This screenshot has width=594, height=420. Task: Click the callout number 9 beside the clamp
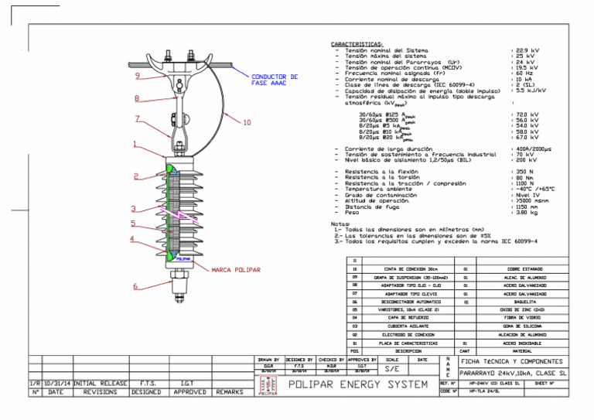136,76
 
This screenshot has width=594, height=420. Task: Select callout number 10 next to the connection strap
247,122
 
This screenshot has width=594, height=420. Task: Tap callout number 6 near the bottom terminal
135,286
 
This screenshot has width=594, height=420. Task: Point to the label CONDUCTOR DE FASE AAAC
274,80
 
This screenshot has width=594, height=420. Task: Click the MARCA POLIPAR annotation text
236,271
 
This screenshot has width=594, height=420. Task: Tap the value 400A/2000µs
533,149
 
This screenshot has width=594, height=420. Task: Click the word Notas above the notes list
340,224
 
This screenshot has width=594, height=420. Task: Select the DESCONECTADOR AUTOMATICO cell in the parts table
409,302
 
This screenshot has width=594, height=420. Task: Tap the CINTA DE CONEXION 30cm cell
409,268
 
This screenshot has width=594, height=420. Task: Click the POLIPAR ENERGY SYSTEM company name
358,384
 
